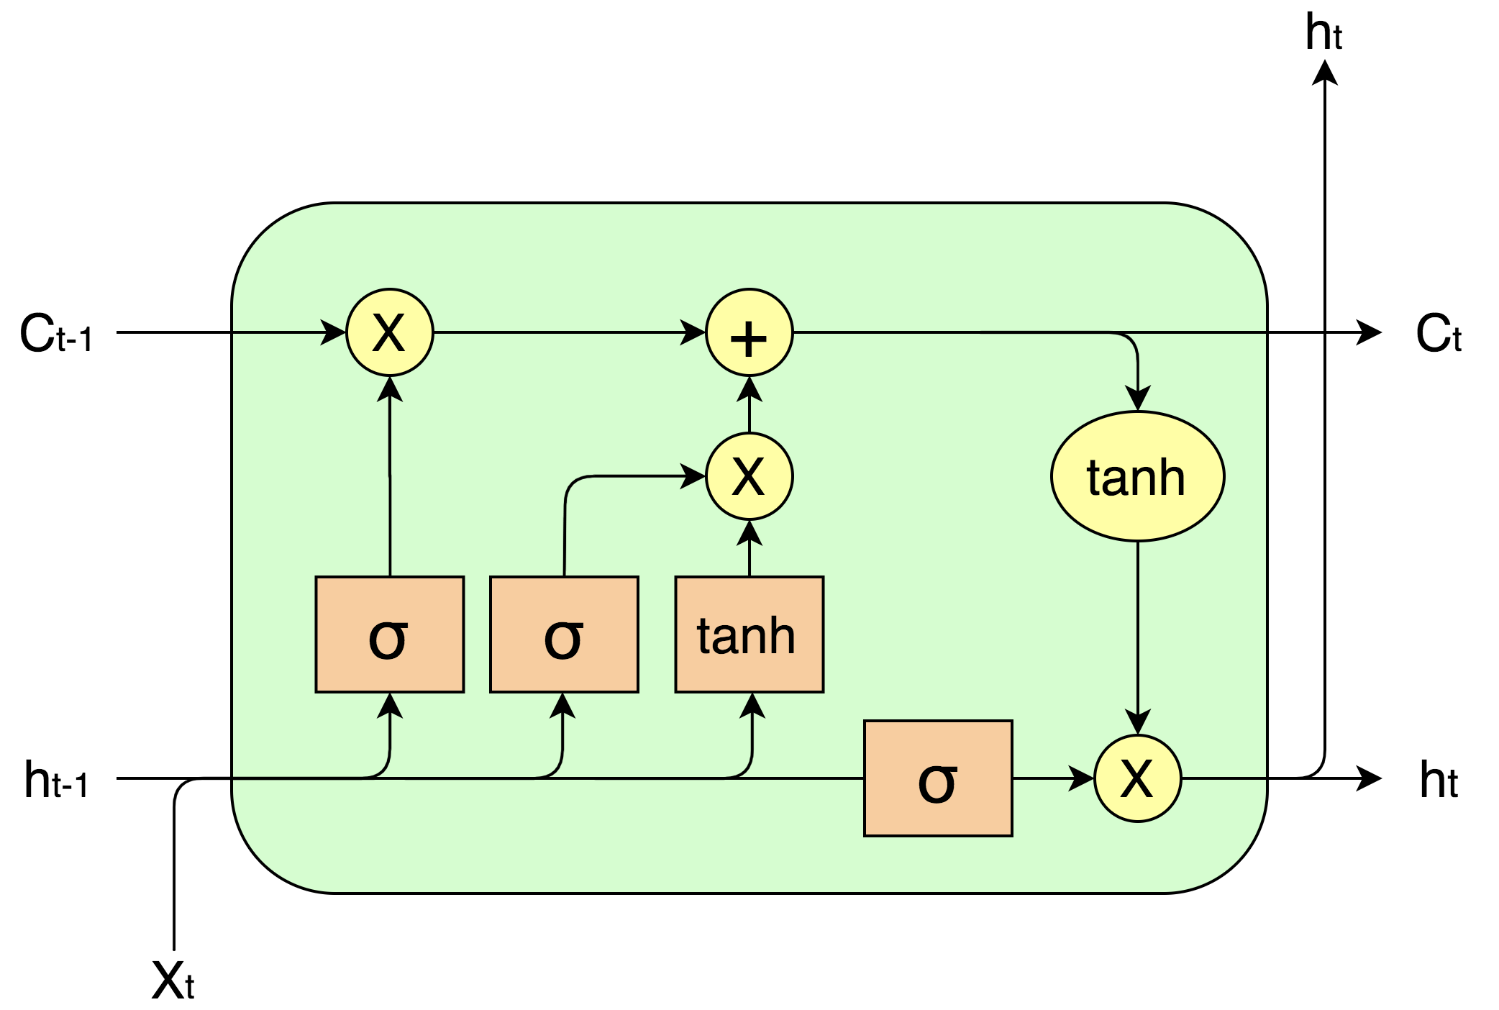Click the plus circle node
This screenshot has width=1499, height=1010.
point(749,332)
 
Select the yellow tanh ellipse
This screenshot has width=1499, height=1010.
point(1137,476)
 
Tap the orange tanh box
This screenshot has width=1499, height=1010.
point(749,634)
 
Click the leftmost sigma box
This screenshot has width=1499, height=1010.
point(389,634)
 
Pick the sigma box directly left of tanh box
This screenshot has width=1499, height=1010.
point(564,634)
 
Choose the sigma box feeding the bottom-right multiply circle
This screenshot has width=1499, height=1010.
point(938,778)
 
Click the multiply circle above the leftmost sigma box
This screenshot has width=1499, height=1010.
point(389,332)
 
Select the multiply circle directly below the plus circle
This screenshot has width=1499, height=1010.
point(749,476)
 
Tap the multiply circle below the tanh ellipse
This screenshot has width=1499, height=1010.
point(1137,778)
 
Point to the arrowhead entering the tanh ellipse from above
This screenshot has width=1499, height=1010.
point(1137,398)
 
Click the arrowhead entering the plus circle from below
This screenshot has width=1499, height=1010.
point(749,389)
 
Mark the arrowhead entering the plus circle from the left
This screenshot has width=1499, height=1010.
point(693,332)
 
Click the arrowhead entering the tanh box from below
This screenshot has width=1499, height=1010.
point(752,706)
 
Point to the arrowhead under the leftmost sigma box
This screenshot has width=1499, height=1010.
point(389,706)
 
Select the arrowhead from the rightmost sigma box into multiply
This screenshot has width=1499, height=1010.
point(1081,778)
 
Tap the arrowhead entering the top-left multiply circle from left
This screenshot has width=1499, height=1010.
point(333,332)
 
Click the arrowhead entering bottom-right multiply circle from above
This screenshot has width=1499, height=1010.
point(1137,722)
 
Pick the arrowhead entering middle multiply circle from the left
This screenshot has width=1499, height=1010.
point(693,476)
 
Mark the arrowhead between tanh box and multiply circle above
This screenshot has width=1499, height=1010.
point(749,533)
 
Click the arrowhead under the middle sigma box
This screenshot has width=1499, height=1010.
point(562,706)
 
